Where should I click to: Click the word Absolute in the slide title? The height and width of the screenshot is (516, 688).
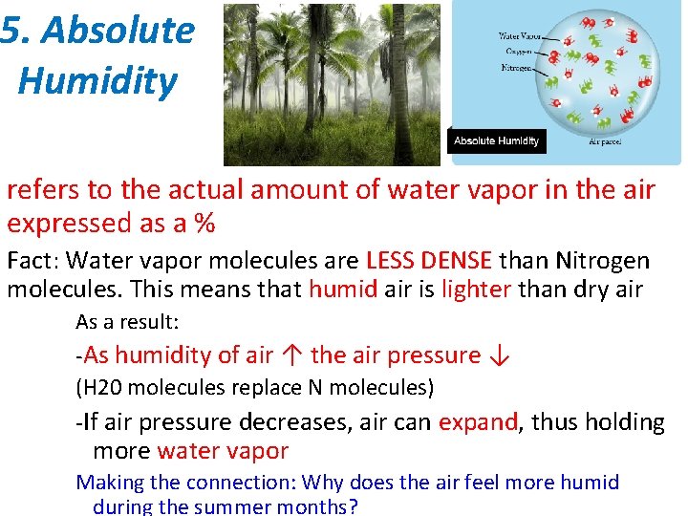pos(118,32)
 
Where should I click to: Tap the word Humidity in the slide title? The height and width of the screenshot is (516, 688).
pos(97,80)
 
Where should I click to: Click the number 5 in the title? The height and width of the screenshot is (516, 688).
pos(10,32)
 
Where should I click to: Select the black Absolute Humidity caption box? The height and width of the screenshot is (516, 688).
pos(496,140)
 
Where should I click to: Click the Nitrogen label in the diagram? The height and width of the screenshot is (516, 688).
pos(518,68)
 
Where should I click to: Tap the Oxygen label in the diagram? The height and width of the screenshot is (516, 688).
pos(518,53)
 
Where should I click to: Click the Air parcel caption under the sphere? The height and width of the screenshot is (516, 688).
pos(605,141)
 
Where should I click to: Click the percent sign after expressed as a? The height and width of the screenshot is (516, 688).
pos(204,224)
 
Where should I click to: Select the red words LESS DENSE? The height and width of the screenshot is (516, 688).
pos(429,261)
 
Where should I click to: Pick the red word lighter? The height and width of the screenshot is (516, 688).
pos(476,290)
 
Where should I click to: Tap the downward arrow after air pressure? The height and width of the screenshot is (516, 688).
pos(499,355)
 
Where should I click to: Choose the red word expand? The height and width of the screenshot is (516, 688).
pos(477,422)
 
